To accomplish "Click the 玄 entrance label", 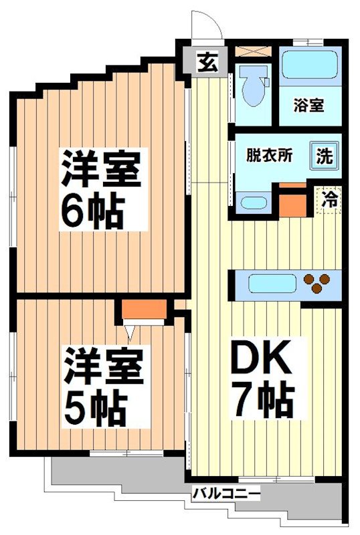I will (205, 64).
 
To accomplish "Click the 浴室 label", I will (308, 105).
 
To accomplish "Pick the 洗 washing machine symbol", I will (324, 156).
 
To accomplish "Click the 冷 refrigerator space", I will (329, 199).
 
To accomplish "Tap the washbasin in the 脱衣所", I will (254, 203).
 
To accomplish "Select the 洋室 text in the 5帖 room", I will (103, 365).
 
